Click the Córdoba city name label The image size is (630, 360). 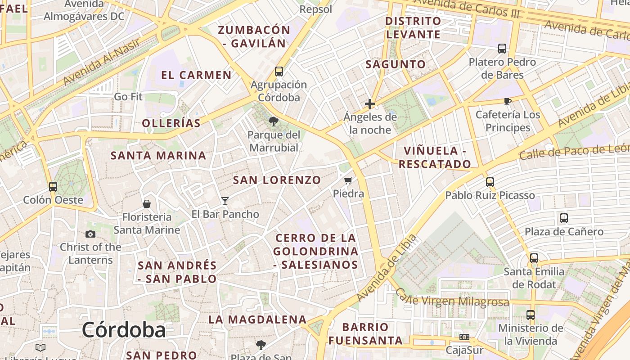124,330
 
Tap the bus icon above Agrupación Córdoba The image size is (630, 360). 279,71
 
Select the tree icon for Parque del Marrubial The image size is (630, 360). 273,121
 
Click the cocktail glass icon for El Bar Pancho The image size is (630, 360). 225,201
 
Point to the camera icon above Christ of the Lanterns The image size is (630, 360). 90,234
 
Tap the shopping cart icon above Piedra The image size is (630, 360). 348,181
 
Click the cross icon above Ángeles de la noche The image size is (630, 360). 370,104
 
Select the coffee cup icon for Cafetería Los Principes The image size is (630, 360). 508,101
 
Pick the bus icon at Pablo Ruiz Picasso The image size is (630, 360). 490,182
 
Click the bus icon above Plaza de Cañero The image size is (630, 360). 564,218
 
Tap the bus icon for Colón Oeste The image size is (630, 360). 53,186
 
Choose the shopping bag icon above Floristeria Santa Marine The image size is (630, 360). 146,204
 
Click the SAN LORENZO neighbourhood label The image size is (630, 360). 277,180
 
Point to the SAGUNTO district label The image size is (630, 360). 396,64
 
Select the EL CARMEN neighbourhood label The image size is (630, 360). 196,75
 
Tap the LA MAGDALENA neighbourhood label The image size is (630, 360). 257,319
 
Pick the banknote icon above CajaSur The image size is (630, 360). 464,337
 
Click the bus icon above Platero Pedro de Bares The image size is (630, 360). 502,49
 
